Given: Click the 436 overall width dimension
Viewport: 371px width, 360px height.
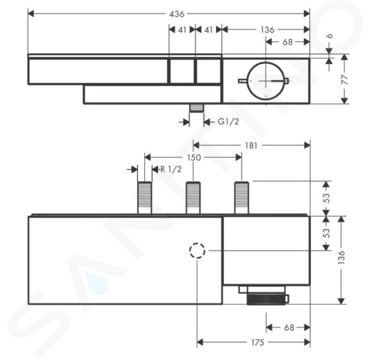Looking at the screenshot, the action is tap(177, 14).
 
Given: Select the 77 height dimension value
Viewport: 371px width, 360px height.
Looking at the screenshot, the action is tap(345, 79).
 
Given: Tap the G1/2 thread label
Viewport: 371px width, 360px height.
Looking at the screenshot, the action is tap(228, 122).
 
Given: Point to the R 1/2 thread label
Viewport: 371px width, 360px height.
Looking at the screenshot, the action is tap(171, 169).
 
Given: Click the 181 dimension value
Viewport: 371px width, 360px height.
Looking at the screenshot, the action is tap(251, 146).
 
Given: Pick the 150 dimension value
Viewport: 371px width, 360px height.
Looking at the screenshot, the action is tap(194, 158).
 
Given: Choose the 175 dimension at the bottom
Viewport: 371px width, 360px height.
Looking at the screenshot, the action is tap(257, 342).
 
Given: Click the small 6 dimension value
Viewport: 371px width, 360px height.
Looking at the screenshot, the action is tap(329, 36).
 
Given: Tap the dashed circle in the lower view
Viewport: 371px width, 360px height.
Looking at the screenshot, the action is tap(197, 250).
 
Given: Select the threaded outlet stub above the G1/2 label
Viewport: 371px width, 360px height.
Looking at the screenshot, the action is tap(196, 108).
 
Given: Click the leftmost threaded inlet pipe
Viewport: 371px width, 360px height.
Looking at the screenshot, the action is tap(145, 198).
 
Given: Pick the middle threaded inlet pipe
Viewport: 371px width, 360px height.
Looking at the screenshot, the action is tap(193, 198).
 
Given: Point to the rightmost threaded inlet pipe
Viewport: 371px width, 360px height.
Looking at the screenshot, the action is tap(242, 198).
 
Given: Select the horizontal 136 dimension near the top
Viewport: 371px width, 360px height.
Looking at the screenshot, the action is tap(267, 30).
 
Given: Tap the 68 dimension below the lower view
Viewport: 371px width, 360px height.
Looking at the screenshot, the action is tap(289, 328).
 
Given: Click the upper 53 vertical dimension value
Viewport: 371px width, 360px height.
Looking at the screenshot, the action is tap(326, 198).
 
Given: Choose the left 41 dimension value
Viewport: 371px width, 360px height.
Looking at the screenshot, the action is tap(182, 30).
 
